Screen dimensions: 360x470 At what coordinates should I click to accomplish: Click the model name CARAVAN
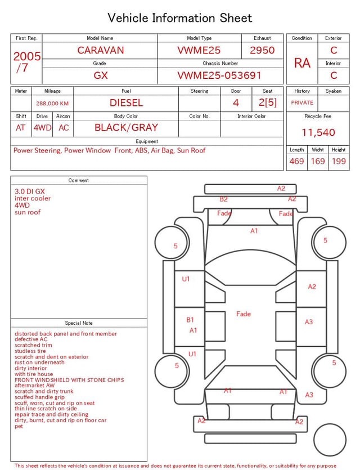click(x=101, y=50)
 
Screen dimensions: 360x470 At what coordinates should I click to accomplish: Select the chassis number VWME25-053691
click(x=219, y=75)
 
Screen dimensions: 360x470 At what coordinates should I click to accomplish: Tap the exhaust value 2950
click(x=262, y=50)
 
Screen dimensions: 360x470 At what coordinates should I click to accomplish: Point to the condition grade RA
click(x=302, y=63)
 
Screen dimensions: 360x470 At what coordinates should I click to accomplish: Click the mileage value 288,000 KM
click(x=52, y=104)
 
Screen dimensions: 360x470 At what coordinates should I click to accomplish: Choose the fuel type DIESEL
click(x=127, y=103)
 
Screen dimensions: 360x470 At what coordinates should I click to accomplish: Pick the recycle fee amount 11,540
click(x=318, y=132)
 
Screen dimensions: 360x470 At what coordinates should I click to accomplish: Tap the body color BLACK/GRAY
click(x=126, y=128)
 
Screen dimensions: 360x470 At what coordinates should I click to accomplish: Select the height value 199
click(x=339, y=161)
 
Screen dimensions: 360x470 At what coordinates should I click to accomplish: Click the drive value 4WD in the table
click(x=42, y=128)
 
